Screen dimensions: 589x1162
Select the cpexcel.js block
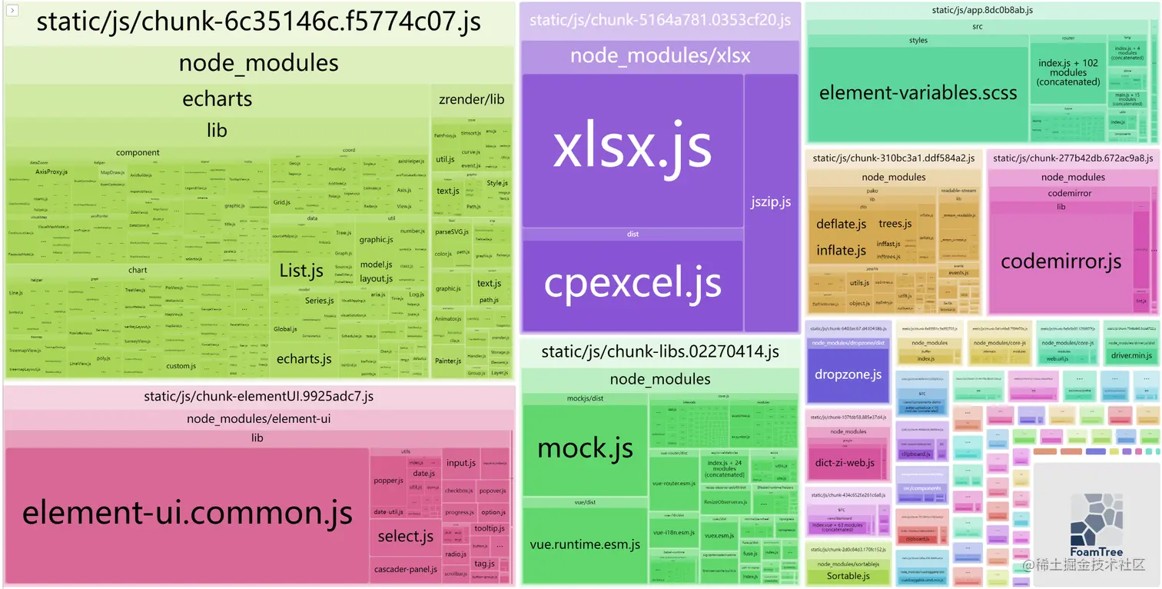coord(632,283)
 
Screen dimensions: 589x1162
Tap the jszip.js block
coord(771,202)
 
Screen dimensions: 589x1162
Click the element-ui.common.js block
coord(187,512)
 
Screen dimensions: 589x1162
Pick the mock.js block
coord(585,448)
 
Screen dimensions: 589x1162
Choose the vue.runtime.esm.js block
coord(585,544)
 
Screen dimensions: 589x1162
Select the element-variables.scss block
coord(918,94)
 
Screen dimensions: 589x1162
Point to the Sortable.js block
coord(848,576)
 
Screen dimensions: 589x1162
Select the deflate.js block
coord(841,224)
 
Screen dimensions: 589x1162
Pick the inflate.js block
coord(841,250)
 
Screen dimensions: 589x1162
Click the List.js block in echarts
coord(301,271)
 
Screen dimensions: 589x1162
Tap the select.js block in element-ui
coord(406,536)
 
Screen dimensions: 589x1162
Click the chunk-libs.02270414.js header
coord(659,352)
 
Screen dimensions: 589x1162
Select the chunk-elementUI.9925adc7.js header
coord(258,397)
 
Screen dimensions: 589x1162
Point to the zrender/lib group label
coord(471,99)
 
